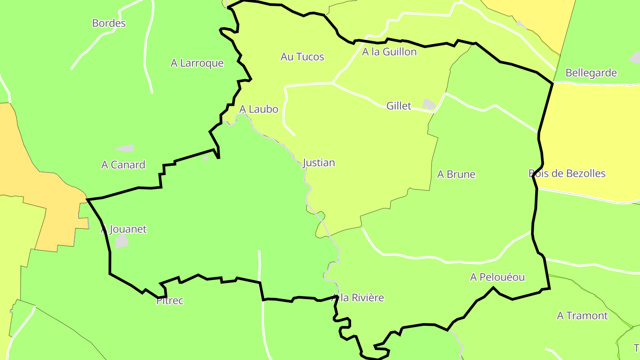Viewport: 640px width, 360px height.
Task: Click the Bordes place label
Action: click(109, 23)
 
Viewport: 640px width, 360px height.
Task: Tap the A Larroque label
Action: click(197, 63)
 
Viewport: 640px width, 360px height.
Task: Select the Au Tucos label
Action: click(302, 57)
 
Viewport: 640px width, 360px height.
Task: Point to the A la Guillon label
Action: click(389, 52)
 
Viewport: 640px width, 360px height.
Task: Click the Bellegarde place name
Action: click(591, 73)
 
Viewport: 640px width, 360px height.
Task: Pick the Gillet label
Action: click(399, 106)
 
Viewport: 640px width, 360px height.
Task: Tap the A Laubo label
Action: click(259, 109)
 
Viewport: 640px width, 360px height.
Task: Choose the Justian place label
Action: click(319, 163)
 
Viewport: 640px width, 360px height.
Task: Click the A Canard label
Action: click(123, 165)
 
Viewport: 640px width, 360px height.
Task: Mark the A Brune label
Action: click(456, 174)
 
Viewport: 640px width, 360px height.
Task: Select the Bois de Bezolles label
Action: click(567, 173)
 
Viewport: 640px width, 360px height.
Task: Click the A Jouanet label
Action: click(124, 229)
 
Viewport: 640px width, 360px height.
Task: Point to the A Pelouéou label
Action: click(497, 277)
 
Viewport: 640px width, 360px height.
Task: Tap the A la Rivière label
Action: click(358, 298)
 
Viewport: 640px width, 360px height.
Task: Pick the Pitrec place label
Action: click(170, 301)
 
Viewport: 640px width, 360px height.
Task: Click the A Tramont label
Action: click(582, 316)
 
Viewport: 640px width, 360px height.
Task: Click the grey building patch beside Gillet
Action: click(428, 104)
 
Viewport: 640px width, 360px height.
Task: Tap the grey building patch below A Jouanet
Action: click(121, 241)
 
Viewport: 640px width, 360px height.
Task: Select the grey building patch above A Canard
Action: click(124, 148)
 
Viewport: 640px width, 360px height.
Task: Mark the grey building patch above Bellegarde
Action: click(636, 57)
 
